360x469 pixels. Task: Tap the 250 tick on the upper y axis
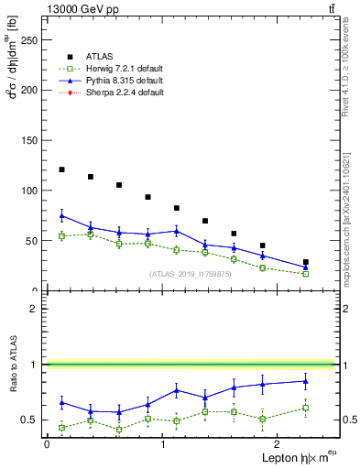point(33,40)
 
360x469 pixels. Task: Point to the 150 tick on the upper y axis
point(33,140)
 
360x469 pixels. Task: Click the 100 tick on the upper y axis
point(33,191)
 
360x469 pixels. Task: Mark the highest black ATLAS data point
point(61,169)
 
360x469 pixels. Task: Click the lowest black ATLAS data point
point(306,262)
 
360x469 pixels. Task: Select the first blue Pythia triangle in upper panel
point(61,215)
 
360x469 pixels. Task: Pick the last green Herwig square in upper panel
point(306,274)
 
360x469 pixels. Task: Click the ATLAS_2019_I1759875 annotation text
point(189,274)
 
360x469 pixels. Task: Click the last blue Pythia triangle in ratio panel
point(306,381)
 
